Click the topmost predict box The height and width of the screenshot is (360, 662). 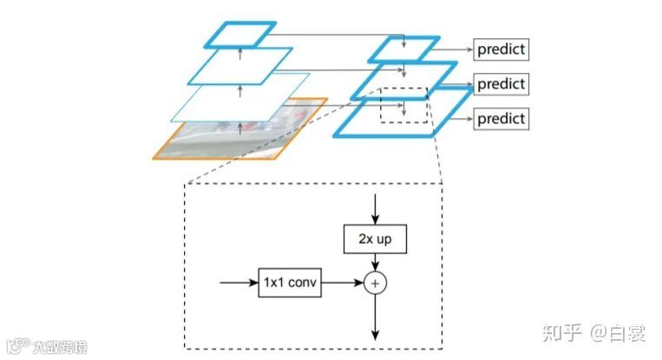click(x=501, y=49)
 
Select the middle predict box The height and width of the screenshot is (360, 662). click(x=501, y=84)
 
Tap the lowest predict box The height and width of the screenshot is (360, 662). click(x=501, y=118)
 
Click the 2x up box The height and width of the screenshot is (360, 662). click(x=375, y=237)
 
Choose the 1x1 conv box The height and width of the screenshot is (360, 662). click(x=290, y=283)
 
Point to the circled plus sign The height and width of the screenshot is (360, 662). click(x=375, y=283)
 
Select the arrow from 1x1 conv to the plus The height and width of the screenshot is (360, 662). click(x=342, y=283)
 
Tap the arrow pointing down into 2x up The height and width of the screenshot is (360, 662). click(x=375, y=206)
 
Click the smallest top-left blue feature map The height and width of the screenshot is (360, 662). click(x=240, y=34)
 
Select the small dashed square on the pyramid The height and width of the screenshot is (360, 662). click(x=404, y=105)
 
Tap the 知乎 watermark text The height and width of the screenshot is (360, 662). click(x=560, y=332)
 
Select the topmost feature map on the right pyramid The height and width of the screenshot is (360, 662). click(x=403, y=49)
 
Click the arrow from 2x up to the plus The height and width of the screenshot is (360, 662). click(x=375, y=261)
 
